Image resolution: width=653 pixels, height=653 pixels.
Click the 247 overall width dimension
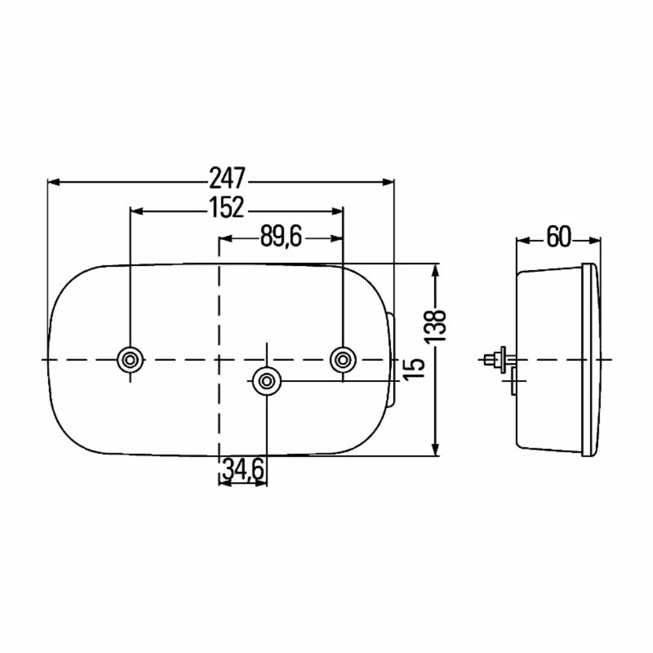click(228, 179)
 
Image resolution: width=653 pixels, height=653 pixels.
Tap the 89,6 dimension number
click(281, 237)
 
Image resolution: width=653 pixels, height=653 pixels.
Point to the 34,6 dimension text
click(244, 469)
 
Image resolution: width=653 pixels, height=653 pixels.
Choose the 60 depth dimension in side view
click(559, 237)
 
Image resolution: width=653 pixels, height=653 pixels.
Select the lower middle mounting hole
click(267, 381)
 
